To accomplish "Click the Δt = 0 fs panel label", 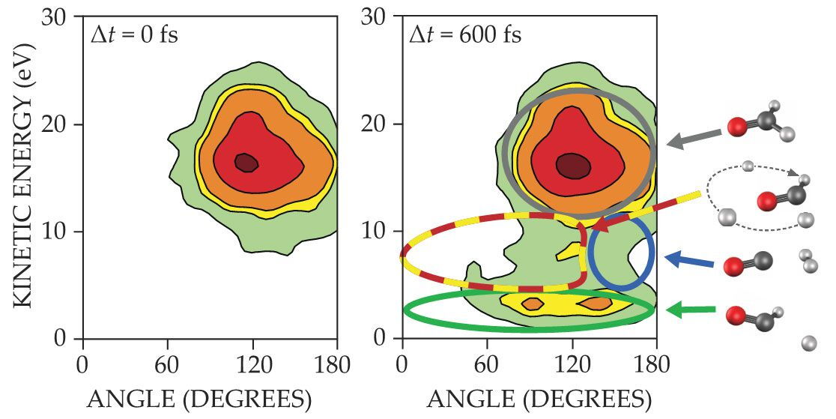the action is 133,35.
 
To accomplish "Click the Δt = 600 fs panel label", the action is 465,35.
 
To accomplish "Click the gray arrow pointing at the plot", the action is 696,137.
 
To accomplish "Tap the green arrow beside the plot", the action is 691,310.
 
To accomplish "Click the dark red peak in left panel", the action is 246,162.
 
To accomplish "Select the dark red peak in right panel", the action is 573,165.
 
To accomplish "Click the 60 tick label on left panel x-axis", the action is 167,367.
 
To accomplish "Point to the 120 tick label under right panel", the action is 572,367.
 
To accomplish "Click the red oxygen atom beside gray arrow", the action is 737,129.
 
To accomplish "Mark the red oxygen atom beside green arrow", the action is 735,316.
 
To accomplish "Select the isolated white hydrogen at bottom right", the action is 809,343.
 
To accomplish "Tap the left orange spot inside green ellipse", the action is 533,304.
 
